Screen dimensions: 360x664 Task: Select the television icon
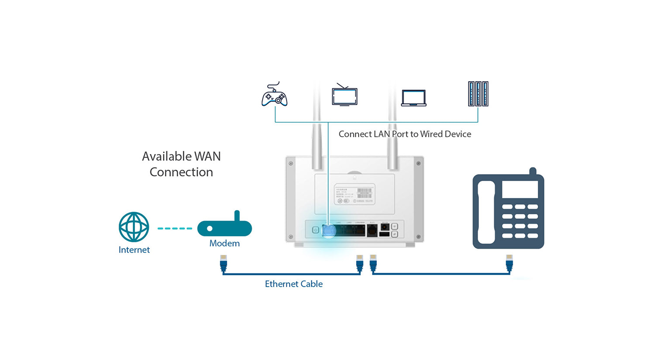tap(344, 95)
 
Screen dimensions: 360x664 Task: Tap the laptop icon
tap(413, 98)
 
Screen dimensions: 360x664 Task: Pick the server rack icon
tap(478, 94)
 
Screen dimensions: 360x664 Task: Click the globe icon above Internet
tap(134, 227)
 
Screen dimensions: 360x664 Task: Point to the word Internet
tap(134, 250)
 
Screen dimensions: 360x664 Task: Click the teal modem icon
tap(224, 226)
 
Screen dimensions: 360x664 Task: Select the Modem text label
tap(224, 243)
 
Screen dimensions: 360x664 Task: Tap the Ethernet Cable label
tap(294, 284)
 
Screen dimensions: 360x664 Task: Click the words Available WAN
tap(181, 156)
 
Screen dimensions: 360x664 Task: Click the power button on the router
tap(315, 230)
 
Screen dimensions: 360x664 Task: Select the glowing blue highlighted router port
tap(329, 230)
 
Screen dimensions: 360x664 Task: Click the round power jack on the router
tap(385, 226)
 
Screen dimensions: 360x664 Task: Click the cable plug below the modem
tap(224, 263)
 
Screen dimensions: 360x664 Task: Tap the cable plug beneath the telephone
tap(509, 263)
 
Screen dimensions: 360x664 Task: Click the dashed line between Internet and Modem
tap(175, 228)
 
